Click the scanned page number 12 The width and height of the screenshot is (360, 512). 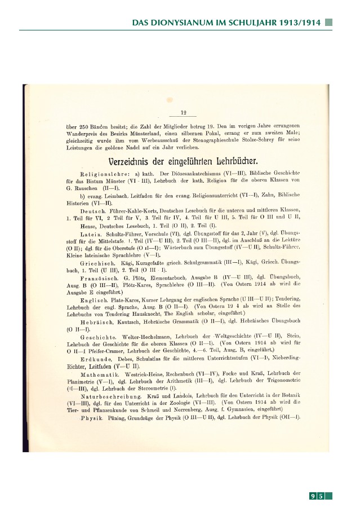click(183, 113)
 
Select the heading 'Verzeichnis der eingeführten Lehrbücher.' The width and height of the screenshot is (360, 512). click(184, 161)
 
